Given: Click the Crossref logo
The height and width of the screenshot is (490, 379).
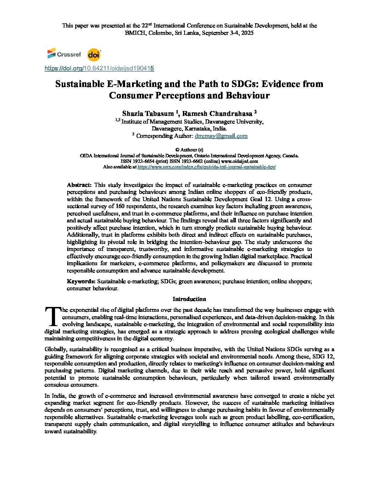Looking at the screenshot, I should [64, 54].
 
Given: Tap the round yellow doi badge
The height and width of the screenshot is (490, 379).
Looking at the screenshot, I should [94, 55].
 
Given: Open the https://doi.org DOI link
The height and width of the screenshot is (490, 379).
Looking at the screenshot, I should [99, 69].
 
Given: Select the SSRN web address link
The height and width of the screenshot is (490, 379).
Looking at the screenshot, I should [207, 167].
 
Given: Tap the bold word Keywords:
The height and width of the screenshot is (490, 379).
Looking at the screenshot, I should [81, 281].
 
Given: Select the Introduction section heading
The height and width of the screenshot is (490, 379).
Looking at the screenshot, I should [189, 299].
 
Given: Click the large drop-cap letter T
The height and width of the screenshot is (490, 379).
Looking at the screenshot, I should [53, 316].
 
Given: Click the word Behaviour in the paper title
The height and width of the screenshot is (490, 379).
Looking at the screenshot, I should [248, 96].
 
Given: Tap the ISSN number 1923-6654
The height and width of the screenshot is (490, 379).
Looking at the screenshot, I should [142, 161].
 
